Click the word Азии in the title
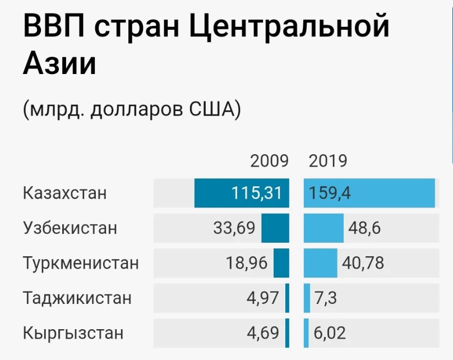tap(59, 63)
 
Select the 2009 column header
tap(269, 161)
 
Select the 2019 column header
tap(328, 161)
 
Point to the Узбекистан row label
tap(71, 228)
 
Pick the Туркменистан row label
tap(81, 262)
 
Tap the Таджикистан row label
tap(77, 297)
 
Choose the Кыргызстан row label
tap(73, 333)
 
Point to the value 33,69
tap(234, 228)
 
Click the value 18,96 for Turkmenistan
tap(247, 262)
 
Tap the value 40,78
tap(362, 262)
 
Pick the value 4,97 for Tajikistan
tap(262, 297)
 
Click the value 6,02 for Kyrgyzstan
tap(330, 333)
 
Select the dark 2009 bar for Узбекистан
tap(275, 228)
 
